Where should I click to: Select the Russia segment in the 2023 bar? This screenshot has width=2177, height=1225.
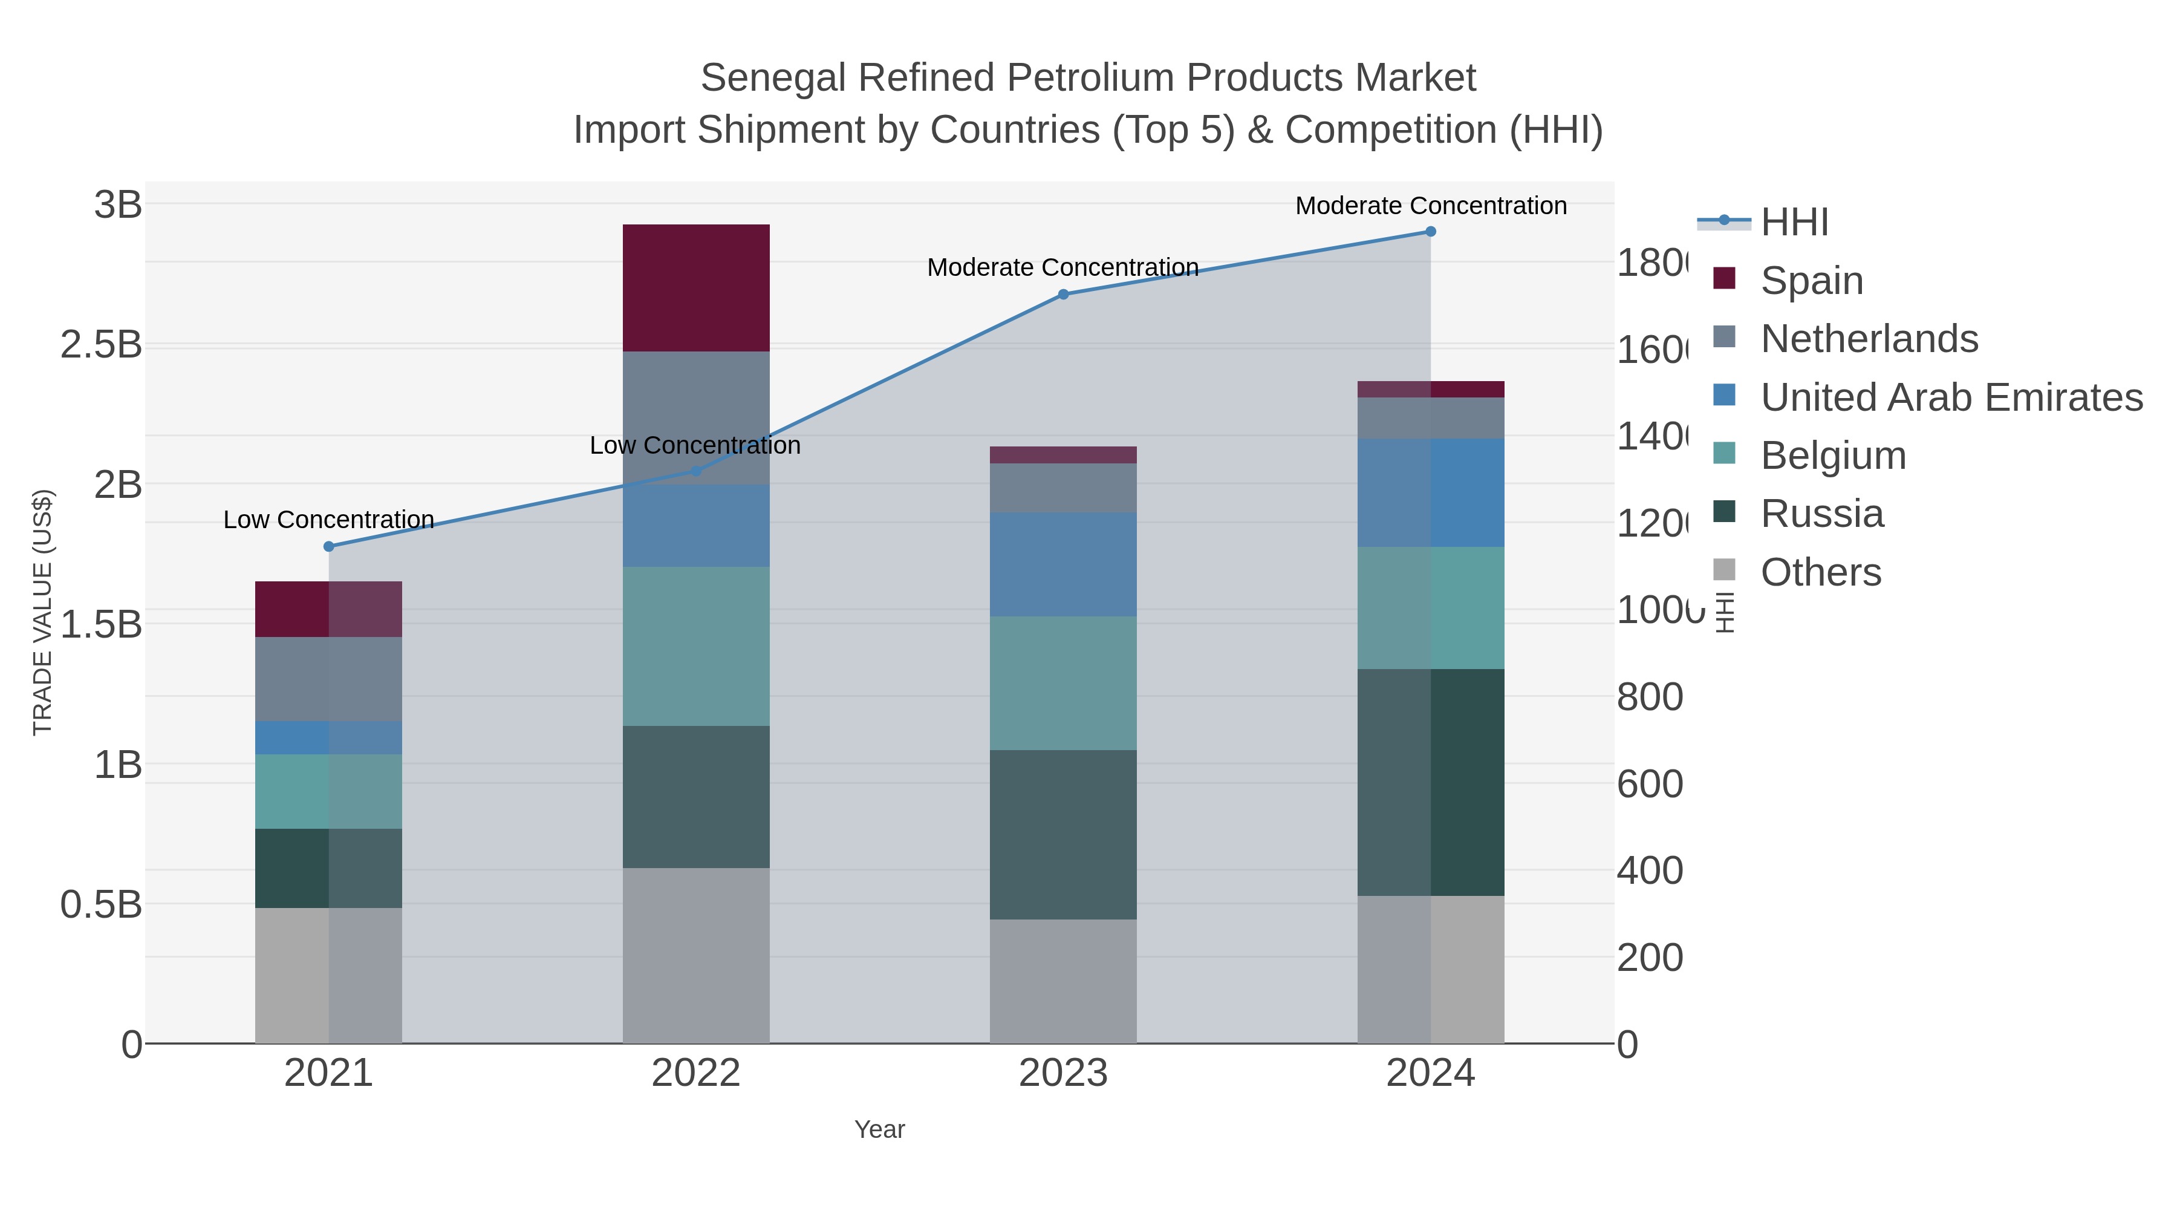click(1062, 834)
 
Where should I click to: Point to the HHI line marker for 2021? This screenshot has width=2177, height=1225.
click(329, 546)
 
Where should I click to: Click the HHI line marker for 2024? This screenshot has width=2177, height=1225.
click(1430, 231)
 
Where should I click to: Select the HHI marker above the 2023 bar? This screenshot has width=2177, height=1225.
click(1063, 294)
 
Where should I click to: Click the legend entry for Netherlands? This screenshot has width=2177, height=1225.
click(1869, 338)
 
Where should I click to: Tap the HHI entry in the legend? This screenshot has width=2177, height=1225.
click(1794, 223)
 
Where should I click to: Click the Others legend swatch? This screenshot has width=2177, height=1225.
click(1724, 570)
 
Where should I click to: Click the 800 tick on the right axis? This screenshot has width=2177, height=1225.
click(1649, 697)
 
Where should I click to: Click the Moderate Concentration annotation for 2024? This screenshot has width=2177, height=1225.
click(1430, 206)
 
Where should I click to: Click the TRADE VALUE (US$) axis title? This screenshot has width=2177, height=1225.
click(42, 612)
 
